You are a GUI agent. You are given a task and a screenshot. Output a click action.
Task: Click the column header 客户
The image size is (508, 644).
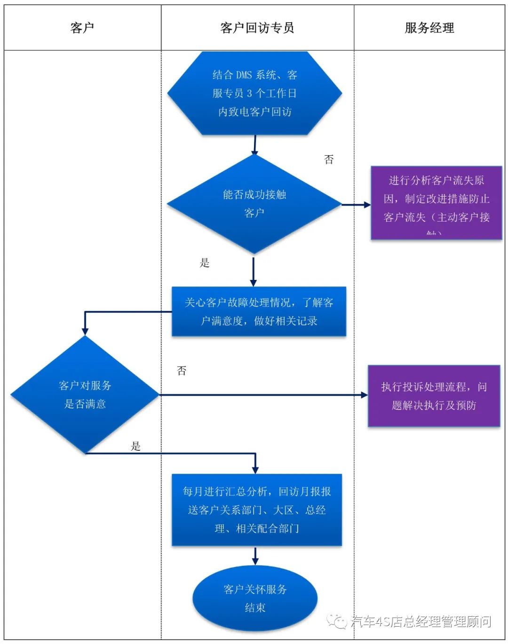tap(82, 28)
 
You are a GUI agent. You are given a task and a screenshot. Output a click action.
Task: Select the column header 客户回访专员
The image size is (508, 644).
tap(257, 28)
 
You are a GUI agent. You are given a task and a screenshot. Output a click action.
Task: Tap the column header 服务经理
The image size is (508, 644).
tap(429, 28)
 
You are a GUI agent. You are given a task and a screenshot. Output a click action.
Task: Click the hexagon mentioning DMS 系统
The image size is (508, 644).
tap(254, 93)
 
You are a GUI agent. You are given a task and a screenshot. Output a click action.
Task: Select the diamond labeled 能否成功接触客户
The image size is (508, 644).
tap(254, 204)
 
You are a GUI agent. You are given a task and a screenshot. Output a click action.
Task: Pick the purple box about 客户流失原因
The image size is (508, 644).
tap(436, 203)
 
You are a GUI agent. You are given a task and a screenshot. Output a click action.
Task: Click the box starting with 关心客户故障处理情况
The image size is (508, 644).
tap(259, 311)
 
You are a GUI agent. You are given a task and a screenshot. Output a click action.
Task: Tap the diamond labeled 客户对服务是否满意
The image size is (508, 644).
tap(85, 395)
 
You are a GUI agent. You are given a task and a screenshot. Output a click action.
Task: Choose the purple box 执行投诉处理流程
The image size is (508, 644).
tap(434, 396)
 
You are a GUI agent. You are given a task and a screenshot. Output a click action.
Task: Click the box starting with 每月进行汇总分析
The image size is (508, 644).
tap(256, 510)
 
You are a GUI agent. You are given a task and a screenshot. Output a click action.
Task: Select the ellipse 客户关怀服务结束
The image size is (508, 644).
tap(255, 598)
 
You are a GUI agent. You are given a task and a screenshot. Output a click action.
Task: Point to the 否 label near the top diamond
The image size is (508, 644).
tap(329, 159)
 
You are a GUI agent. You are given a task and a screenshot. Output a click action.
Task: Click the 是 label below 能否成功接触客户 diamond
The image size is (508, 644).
tap(205, 263)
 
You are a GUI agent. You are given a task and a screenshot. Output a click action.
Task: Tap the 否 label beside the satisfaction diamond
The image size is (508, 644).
tap(182, 371)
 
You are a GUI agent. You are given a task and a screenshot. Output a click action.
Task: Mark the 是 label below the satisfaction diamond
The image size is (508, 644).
tap(136, 446)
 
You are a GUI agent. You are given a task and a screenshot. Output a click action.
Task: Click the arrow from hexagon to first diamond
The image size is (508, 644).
tap(254, 145)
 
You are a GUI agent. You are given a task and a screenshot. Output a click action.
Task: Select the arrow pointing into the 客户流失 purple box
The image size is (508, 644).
tap(356, 205)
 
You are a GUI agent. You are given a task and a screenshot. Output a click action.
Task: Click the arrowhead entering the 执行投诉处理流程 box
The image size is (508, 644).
tap(364, 395)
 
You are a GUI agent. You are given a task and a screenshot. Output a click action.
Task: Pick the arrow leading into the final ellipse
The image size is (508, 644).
tap(255, 556)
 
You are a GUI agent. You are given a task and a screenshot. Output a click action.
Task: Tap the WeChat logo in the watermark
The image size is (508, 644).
tap(338, 621)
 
